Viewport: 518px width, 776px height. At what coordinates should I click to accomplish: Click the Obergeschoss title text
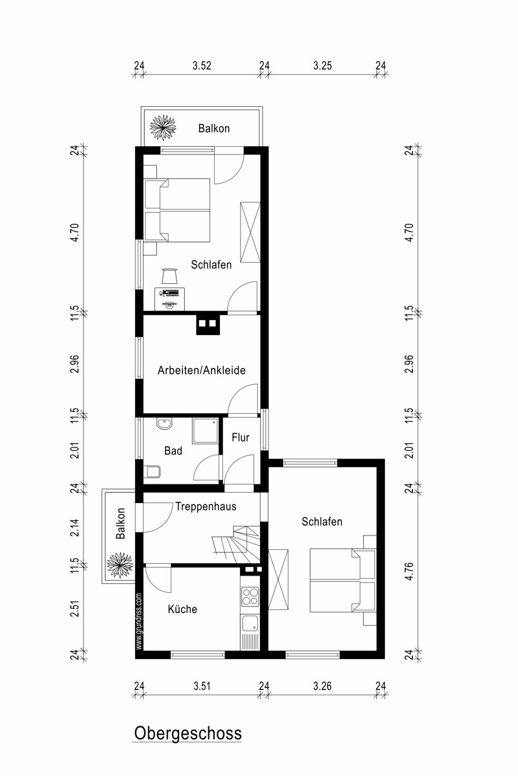(x=188, y=733)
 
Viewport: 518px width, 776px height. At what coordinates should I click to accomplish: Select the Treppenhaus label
(x=206, y=506)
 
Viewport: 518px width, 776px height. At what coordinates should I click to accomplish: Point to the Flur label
(x=241, y=437)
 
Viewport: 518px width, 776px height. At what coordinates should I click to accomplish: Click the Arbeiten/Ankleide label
(x=201, y=370)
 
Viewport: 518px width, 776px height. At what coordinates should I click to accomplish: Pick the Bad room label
(x=173, y=451)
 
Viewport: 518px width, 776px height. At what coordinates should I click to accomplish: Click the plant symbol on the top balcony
(x=163, y=127)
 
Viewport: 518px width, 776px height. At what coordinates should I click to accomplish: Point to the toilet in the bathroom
(x=152, y=472)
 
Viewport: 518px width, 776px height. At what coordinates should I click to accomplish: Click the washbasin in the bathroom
(x=164, y=424)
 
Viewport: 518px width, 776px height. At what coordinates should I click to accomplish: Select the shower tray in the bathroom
(x=206, y=431)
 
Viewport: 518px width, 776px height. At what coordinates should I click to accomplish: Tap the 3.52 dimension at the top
(x=202, y=65)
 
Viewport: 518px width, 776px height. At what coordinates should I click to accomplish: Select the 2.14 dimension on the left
(x=75, y=528)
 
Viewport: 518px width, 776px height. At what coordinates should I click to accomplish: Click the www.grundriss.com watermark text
(x=139, y=622)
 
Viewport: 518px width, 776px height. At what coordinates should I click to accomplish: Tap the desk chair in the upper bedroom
(x=170, y=275)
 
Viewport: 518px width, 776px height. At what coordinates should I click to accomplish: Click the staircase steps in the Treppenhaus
(x=236, y=545)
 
